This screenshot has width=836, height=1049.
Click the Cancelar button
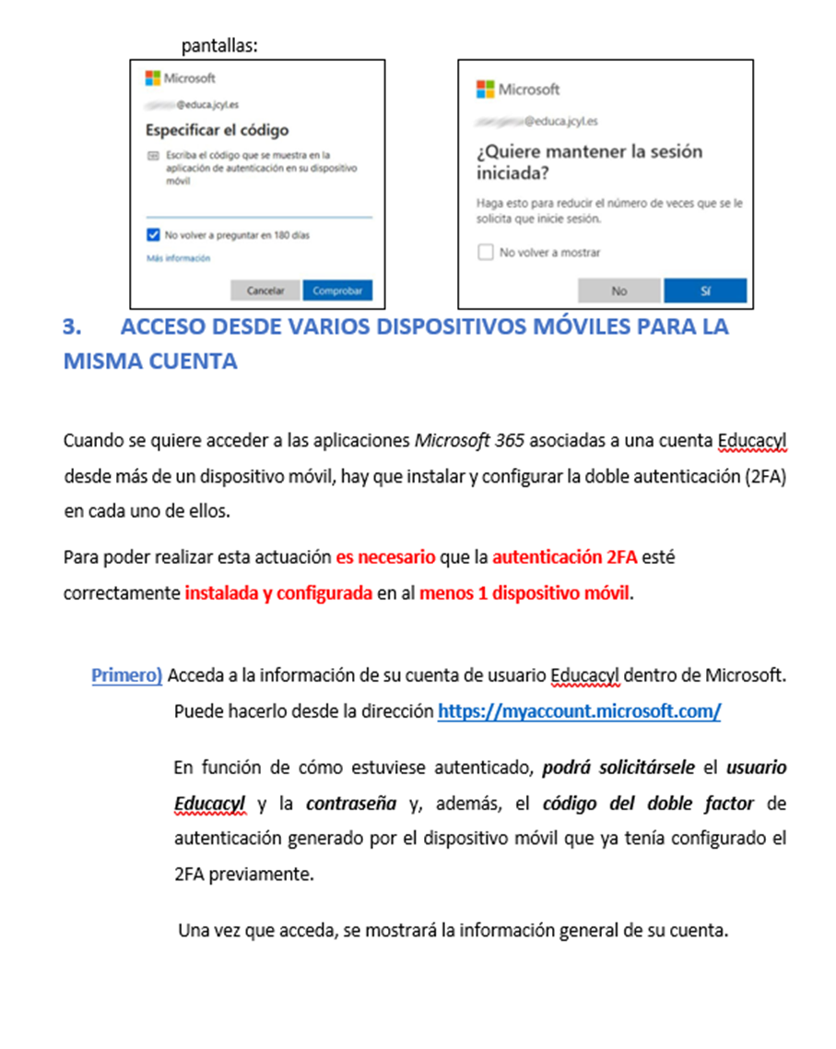pyautogui.click(x=265, y=291)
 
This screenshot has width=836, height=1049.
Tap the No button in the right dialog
pyautogui.click(x=618, y=291)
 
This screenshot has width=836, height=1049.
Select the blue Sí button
pyautogui.click(x=705, y=291)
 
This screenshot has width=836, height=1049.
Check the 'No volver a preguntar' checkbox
pyautogui.click(x=154, y=235)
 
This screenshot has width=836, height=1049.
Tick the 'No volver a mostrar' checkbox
pyautogui.click(x=486, y=252)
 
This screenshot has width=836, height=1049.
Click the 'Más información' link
pyautogui.click(x=178, y=258)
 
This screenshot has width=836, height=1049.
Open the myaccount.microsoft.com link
pyautogui.click(x=579, y=711)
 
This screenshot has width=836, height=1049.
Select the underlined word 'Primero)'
pyautogui.click(x=126, y=675)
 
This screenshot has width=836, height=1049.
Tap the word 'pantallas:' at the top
pyautogui.click(x=218, y=44)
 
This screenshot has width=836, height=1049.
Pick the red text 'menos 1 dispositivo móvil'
pyautogui.click(x=524, y=593)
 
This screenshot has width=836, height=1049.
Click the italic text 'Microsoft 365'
pyautogui.click(x=469, y=440)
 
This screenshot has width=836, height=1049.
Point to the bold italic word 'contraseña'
pyautogui.click(x=348, y=804)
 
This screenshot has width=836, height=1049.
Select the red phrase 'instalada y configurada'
pyautogui.click(x=278, y=593)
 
